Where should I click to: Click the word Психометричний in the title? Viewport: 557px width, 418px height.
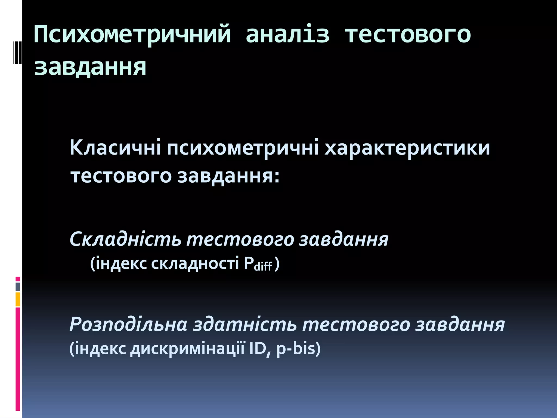(132, 35)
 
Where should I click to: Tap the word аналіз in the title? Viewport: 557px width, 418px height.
(287, 35)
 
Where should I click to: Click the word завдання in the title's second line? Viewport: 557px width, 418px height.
(90, 67)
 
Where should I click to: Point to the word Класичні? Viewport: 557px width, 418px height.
(115, 148)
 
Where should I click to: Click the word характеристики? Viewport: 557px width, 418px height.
(407, 148)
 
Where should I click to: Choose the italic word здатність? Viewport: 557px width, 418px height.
(245, 325)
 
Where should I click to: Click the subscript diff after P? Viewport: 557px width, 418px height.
(263, 267)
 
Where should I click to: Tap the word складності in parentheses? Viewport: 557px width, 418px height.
(195, 263)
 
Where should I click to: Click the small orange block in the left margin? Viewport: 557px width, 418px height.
(18, 299)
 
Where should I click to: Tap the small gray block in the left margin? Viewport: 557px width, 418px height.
(18, 287)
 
